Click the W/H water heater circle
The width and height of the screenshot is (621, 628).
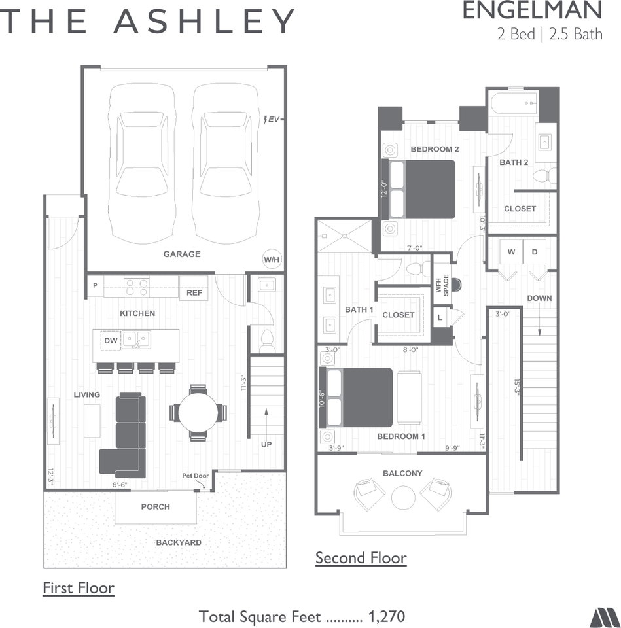(272, 260)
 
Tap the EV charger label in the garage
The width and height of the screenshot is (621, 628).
(272, 119)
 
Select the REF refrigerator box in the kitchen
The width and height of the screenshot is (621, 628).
(194, 292)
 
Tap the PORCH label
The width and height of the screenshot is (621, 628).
(155, 506)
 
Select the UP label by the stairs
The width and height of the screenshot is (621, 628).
(266, 444)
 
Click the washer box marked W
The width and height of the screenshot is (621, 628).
(511, 252)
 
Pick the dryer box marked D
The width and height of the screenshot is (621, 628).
(535, 252)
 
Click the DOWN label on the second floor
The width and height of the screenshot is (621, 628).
(539, 298)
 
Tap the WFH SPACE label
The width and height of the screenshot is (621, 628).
(443, 285)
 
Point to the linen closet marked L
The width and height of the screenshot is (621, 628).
(440, 317)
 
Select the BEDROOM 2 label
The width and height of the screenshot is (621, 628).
(435, 149)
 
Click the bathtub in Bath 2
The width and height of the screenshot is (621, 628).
(513, 102)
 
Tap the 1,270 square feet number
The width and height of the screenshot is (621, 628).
(387, 616)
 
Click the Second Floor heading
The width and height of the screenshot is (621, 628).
(361, 558)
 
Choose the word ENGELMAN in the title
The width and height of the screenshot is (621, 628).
(531, 11)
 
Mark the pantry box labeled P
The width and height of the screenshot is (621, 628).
(96, 286)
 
